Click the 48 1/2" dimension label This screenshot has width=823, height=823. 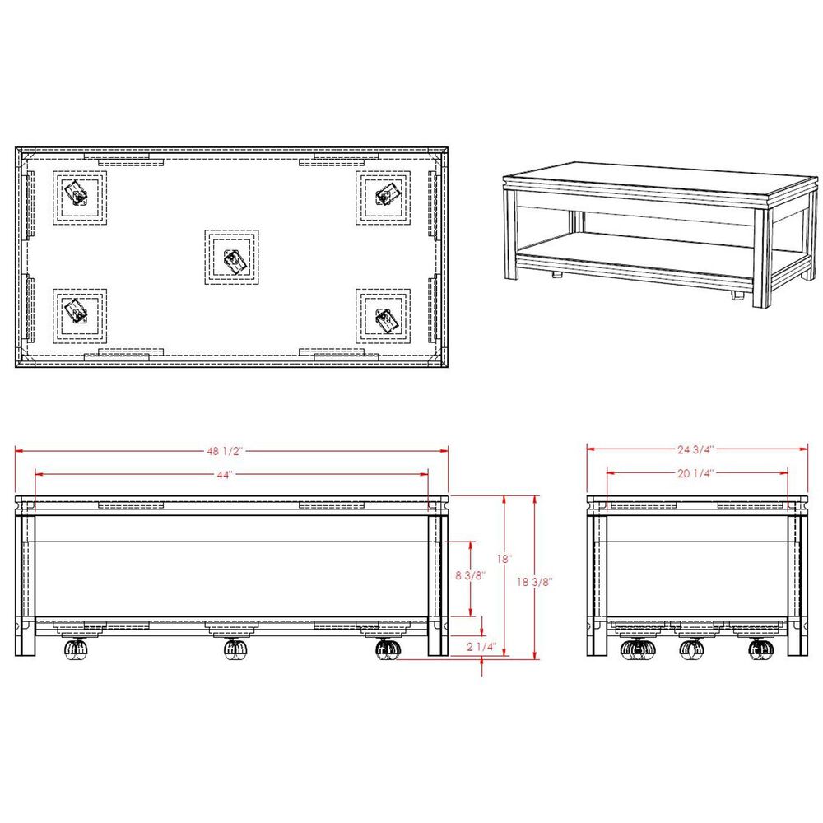(226, 451)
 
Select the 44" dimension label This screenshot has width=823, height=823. (225, 475)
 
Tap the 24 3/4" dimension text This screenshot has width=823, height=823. (695, 449)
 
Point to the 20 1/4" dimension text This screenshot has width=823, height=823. (695, 473)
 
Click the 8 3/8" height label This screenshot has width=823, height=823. (470, 575)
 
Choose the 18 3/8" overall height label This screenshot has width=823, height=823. (535, 582)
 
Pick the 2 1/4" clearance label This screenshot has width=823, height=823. (481, 647)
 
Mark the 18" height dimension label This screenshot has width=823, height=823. (504, 559)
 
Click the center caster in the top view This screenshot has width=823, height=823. (232, 257)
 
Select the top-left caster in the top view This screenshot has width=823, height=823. (80, 198)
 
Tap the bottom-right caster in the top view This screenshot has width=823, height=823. (384, 317)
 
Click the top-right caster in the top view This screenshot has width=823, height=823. (384, 198)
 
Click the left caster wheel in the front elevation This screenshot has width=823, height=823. (76, 649)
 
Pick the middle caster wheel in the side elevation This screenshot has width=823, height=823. (692, 649)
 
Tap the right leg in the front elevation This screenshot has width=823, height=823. (438, 585)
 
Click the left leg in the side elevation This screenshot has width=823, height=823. (597, 585)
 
